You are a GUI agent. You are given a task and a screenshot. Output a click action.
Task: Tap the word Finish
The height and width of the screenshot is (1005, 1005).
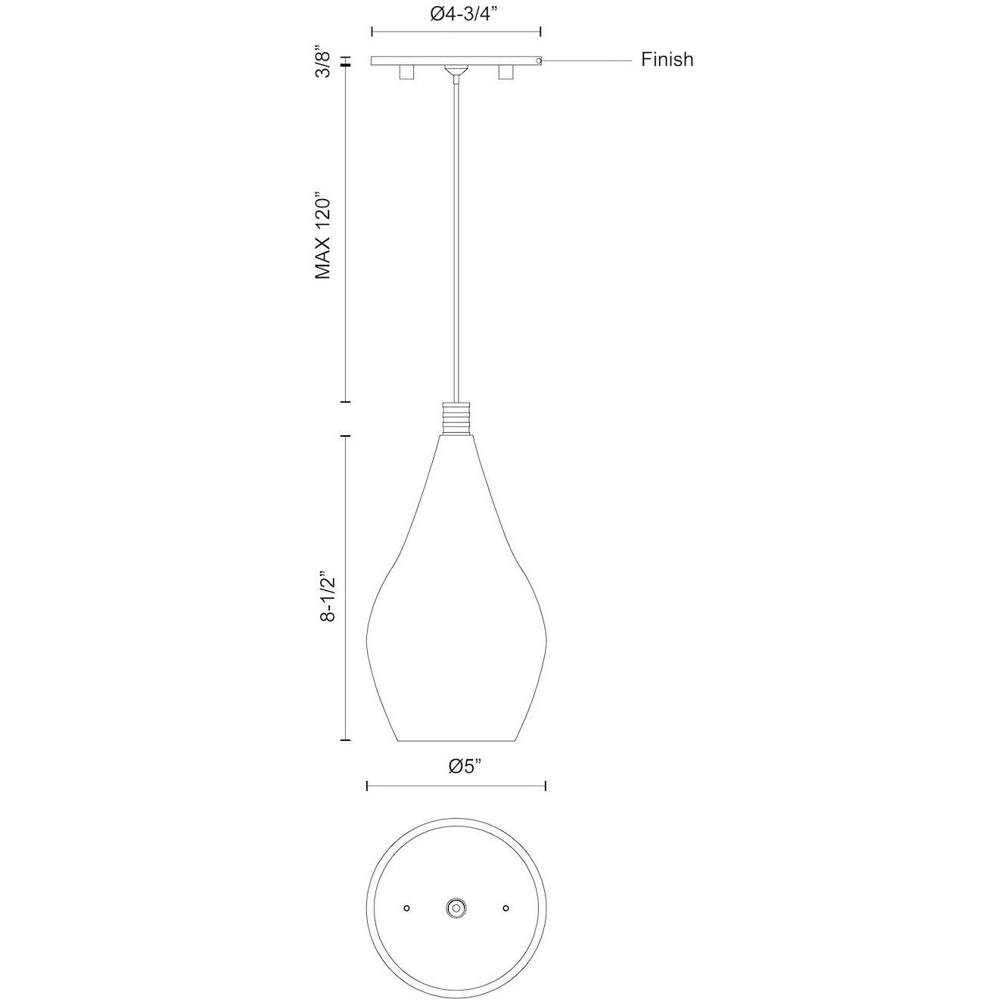[667, 60]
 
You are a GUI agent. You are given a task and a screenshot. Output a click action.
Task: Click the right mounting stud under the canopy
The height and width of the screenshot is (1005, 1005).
[506, 73]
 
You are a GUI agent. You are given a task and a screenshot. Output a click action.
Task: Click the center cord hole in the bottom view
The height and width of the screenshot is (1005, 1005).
[456, 907]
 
